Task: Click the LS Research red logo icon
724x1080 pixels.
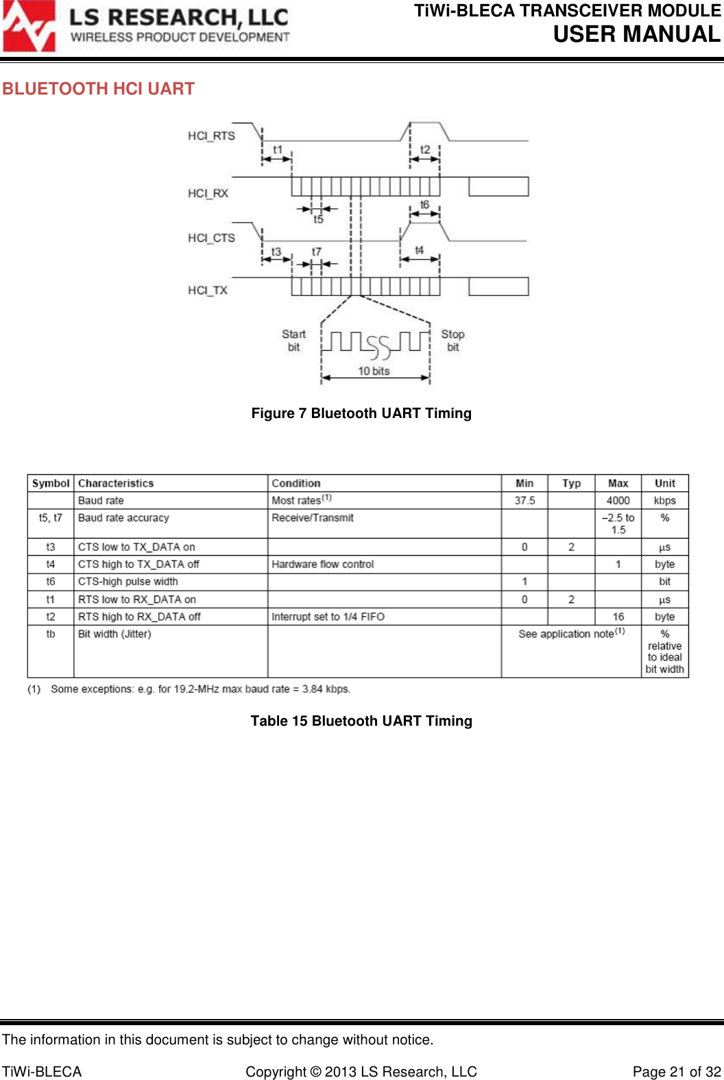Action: pyautogui.click(x=29, y=27)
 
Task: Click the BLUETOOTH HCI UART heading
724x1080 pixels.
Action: pyautogui.click(x=98, y=89)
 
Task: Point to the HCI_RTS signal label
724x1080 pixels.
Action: pyautogui.click(x=211, y=136)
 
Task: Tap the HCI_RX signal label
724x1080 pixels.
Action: pyautogui.click(x=208, y=193)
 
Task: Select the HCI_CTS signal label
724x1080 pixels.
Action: pyautogui.click(x=211, y=238)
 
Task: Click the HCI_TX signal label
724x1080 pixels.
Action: pyautogui.click(x=208, y=291)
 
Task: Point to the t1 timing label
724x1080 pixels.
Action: pyautogui.click(x=278, y=149)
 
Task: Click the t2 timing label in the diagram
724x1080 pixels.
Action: pyautogui.click(x=425, y=149)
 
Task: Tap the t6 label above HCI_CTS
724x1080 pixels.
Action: pyautogui.click(x=425, y=204)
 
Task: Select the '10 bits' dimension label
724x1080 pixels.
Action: pyautogui.click(x=374, y=371)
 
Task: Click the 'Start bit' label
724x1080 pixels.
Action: pyautogui.click(x=293, y=341)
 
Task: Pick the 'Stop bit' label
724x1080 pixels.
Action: pyautogui.click(x=452, y=341)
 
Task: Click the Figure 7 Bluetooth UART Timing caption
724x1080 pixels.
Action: pyautogui.click(x=361, y=413)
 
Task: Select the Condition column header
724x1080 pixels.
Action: pyautogui.click(x=296, y=483)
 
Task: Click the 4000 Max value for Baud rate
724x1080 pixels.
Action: pyautogui.click(x=618, y=501)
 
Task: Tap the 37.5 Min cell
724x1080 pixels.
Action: pyautogui.click(x=524, y=501)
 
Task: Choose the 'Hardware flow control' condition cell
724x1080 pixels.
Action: pyautogui.click(x=323, y=565)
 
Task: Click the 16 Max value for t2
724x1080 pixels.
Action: pyautogui.click(x=618, y=617)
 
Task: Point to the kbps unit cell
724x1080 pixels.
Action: pyautogui.click(x=664, y=501)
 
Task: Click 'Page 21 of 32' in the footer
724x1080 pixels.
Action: pyautogui.click(x=677, y=1072)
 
